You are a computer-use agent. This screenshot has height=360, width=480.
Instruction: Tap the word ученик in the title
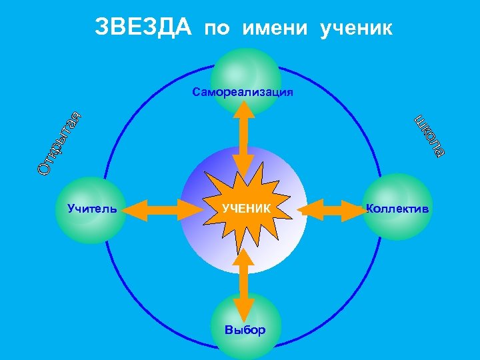[357, 29]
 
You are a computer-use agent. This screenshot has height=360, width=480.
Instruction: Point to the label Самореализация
[243, 92]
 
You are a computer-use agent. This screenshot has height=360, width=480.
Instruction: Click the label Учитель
[93, 209]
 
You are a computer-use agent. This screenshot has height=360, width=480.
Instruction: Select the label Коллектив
[398, 209]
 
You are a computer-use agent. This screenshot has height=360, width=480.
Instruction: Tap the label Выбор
[245, 330]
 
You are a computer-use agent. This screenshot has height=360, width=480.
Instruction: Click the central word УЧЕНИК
[246, 209]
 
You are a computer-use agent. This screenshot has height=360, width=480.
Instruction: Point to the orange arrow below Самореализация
[243, 139]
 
